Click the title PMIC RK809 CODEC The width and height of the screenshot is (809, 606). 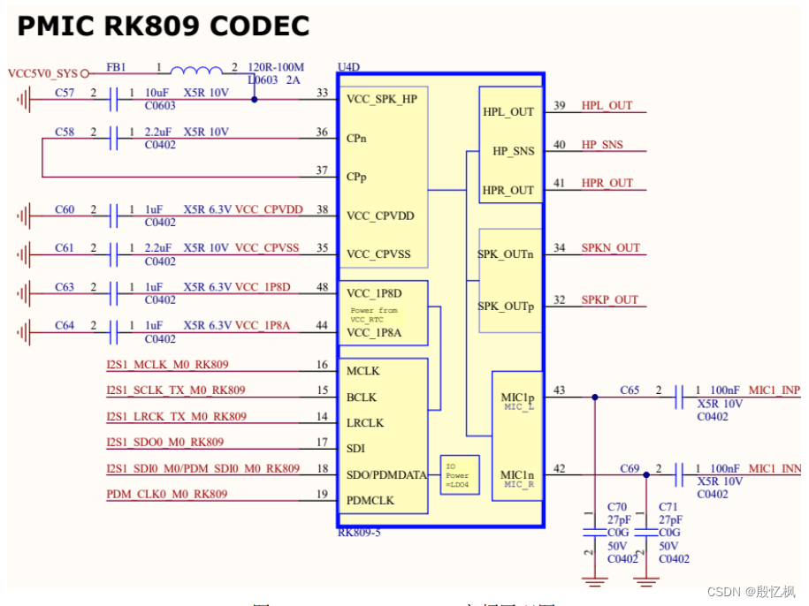coord(164,27)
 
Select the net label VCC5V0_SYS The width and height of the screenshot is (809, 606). coord(42,73)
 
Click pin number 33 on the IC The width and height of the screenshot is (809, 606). coord(322,93)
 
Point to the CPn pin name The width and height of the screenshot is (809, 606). coord(357,138)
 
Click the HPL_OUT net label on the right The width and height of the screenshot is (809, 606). coord(607,106)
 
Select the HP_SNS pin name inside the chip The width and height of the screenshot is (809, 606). coord(514,151)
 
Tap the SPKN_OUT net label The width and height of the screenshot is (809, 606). coord(610,248)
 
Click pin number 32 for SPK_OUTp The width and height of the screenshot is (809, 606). coord(559,299)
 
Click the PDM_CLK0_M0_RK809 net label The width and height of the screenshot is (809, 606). coord(167,494)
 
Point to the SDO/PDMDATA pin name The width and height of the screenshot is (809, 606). coord(386,474)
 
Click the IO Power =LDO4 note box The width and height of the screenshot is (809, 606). coord(460,474)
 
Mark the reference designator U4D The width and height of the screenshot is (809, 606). coord(349,67)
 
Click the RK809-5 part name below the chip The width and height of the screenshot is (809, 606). coord(359,533)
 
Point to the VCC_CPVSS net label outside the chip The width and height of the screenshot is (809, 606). coord(269,248)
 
